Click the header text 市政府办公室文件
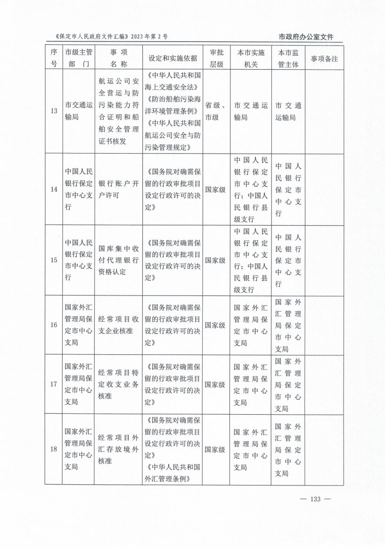point(310,37)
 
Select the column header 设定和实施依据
point(172,58)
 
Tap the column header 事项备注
point(325,58)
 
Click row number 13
point(54,111)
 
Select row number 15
point(54,260)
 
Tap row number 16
point(54,325)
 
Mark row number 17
point(54,384)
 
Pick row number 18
point(54,449)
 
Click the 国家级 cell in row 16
point(215,325)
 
